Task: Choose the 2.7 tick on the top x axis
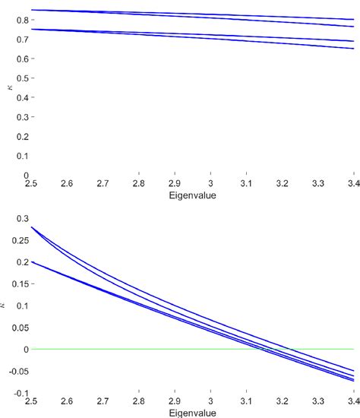(x=102, y=184)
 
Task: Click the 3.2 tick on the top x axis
(x=282, y=184)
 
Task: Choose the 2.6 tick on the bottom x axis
(x=67, y=401)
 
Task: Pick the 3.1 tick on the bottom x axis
(x=246, y=401)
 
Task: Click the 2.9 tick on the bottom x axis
(x=174, y=401)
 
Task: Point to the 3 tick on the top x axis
(x=210, y=184)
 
